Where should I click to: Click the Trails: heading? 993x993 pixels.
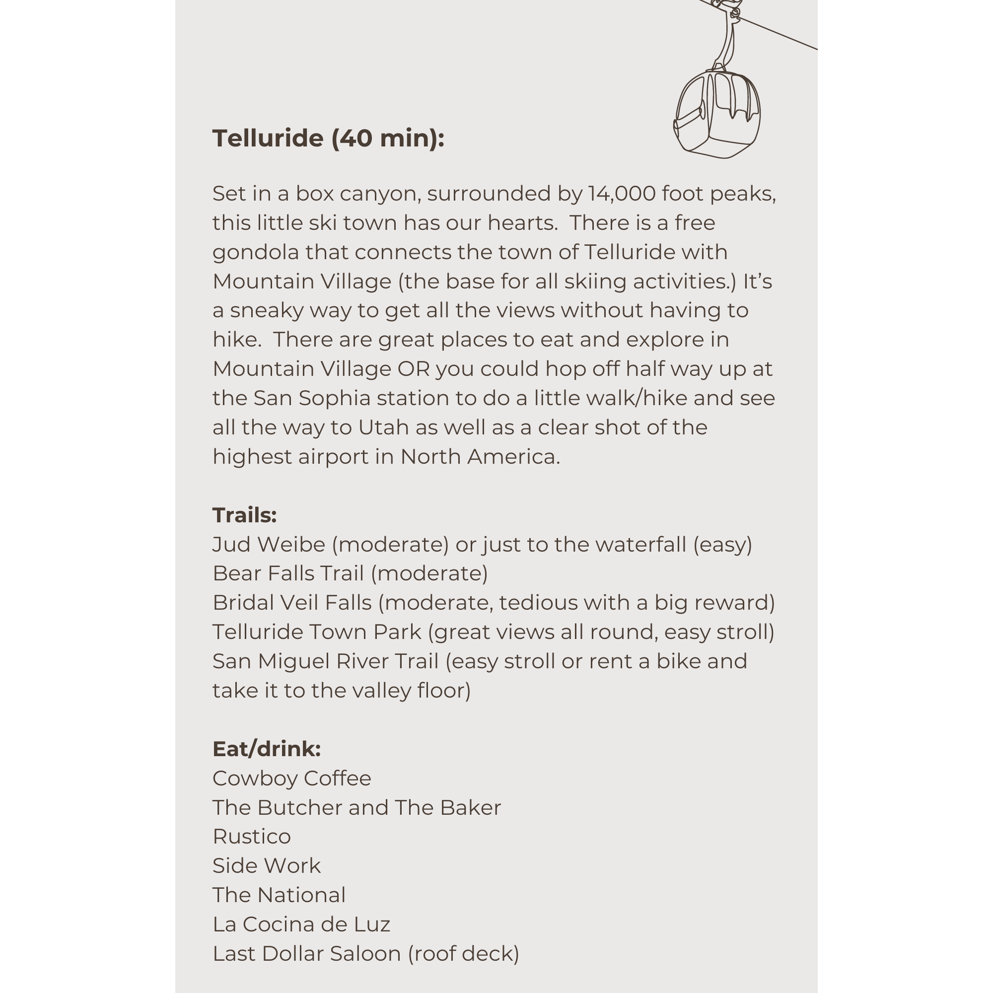point(244,515)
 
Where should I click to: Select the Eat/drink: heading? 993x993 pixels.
point(266,749)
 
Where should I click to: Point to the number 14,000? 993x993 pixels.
point(622,194)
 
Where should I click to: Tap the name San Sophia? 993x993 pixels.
point(311,398)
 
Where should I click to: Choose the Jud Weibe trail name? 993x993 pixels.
point(268,545)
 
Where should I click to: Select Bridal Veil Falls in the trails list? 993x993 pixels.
point(291,603)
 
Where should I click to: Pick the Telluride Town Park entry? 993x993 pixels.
point(317,632)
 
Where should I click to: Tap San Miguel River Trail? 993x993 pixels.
point(325,661)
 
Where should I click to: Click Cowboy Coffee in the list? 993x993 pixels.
point(291,779)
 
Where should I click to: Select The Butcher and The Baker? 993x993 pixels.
point(356,808)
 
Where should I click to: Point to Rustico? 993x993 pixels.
point(251,837)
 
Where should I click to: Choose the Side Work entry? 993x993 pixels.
point(266,866)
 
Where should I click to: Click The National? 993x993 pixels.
point(279,895)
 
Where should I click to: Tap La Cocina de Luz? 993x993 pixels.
point(301,924)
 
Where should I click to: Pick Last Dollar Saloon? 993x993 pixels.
point(306,954)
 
